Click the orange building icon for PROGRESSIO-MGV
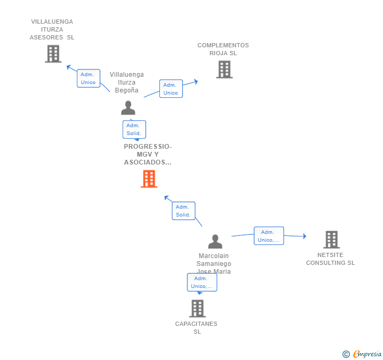click(149, 179)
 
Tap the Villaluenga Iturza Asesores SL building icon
click(53, 54)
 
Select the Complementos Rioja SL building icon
click(225, 69)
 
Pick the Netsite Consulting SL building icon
click(331, 240)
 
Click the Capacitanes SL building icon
click(197, 308)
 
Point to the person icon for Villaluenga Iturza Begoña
click(128, 108)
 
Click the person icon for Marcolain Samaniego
click(215, 241)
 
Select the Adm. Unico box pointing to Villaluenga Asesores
click(88, 78)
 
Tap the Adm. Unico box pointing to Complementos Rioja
click(171, 89)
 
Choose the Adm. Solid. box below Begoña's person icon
click(134, 129)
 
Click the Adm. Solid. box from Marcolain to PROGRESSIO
click(184, 211)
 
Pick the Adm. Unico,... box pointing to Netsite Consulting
click(269, 236)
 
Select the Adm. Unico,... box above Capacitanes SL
click(202, 282)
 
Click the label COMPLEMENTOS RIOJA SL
click(223, 49)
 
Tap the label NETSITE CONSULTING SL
click(330, 259)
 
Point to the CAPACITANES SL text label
click(196, 327)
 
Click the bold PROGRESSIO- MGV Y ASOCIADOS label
click(148, 155)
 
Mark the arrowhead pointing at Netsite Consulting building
click(304, 236)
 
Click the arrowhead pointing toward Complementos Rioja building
click(196, 81)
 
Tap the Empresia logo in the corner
click(362, 354)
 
